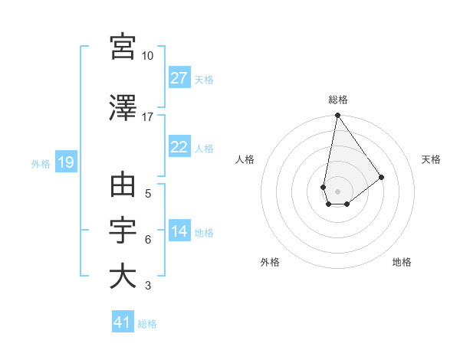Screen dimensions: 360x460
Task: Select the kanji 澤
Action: tap(123, 109)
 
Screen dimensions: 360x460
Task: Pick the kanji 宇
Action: tap(123, 231)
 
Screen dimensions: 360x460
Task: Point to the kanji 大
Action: tap(123, 276)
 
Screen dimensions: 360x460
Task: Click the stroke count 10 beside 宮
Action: tap(147, 56)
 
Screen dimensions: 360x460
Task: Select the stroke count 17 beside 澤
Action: tap(147, 117)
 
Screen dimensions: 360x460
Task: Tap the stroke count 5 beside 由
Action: tap(147, 194)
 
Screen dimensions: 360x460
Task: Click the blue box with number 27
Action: tap(179, 78)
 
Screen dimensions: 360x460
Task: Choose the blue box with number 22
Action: tap(179, 148)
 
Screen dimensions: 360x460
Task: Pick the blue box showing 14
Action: tap(179, 232)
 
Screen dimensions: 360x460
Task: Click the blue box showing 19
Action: tap(65, 162)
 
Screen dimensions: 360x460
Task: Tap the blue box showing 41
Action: tap(123, 322)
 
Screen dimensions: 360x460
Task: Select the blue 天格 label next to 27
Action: tap(204, 79)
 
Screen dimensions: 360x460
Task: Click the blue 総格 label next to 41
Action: tap(147, 323)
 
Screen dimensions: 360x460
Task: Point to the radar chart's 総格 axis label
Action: tap(338, 100)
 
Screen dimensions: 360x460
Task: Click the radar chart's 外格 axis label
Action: tap(270, 262)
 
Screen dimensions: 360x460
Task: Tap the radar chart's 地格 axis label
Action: tap(402, 262)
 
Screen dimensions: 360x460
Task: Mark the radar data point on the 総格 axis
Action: tap(337, 116)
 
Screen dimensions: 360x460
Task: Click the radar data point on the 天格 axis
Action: tap(381, 177)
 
